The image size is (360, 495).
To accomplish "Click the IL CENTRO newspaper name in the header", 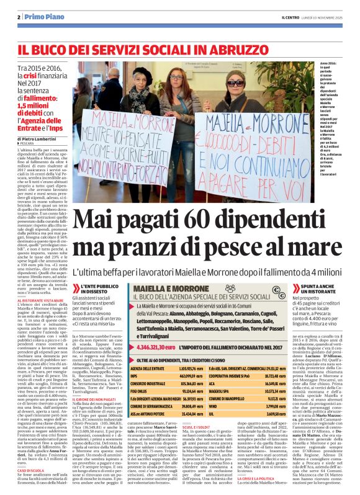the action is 283,17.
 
